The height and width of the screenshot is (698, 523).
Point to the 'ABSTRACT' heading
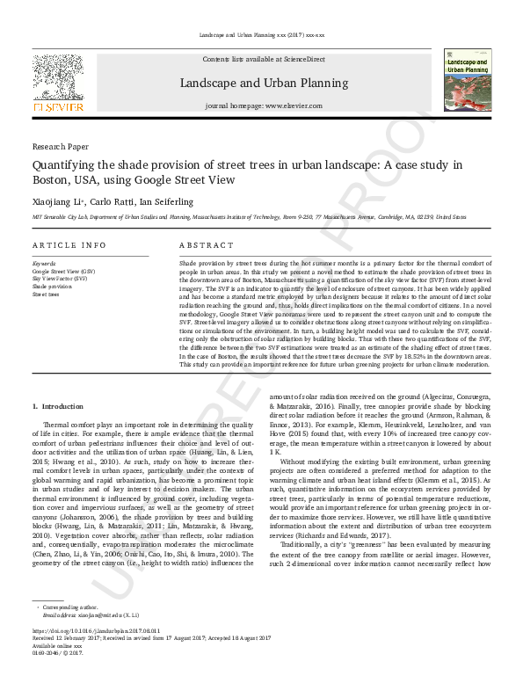(207, 244)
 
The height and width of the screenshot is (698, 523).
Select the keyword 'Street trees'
(47, 294)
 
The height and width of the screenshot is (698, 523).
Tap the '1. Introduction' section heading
(58, 406)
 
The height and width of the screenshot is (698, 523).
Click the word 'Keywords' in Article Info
(44, 264)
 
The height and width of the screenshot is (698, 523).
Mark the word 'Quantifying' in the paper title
(65, 165)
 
